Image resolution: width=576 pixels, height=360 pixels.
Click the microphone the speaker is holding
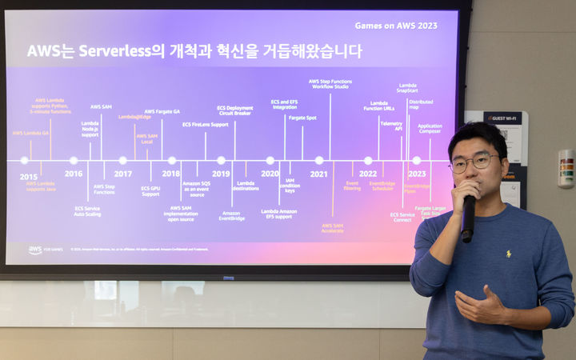point(468,218)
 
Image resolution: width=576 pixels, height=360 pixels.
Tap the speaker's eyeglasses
point(474,162)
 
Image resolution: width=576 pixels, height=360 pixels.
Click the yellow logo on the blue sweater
point(507,254)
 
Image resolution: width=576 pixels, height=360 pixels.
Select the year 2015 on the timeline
point(28,175)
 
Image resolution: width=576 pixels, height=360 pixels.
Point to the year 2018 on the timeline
point(170,174)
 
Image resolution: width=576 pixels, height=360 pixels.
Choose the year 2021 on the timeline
point(318,174)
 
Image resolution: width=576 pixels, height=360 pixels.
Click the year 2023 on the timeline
point(417,174)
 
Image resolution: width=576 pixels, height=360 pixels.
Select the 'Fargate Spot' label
point(302,118)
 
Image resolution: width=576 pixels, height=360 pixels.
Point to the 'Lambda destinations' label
point(246,186)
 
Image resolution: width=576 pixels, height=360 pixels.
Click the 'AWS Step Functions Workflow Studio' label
point(330,84)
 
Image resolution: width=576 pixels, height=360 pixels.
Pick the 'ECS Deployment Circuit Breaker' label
point(234,110)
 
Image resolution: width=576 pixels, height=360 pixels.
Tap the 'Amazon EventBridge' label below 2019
point(231,215)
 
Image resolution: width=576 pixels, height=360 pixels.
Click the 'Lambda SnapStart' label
point(407,88)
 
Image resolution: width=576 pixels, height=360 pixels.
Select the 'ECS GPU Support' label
point(150,191)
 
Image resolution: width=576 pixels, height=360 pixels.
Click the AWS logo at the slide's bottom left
point(36,250)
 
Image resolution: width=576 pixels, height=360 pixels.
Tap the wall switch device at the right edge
point(566,168)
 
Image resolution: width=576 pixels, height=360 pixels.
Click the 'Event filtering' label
point(352,186)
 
